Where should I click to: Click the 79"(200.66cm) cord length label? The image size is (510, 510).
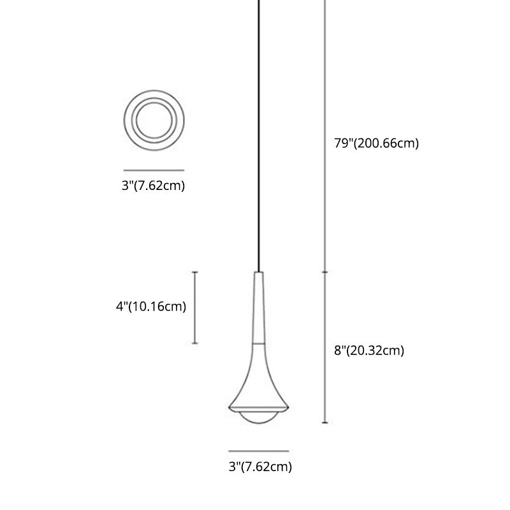tap(377, 143)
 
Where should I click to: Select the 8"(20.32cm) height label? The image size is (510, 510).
tap(369, 350)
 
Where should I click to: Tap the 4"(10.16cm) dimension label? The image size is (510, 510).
tap(151, 307)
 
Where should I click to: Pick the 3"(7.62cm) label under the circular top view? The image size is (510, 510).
tap(154, 186)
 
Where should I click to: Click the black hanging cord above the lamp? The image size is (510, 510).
tap(259, 127)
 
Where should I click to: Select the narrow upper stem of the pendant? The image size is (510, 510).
tap(259, 306)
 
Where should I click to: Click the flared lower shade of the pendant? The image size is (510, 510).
tap(259, 382)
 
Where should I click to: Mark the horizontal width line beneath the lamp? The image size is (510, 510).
tap(259, 451)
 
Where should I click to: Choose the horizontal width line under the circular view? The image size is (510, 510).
tap(154, 170)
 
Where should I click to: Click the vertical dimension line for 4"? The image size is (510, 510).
tap(195, 308)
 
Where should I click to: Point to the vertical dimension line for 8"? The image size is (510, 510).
tap(326, 347)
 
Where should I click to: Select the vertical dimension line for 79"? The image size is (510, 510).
tap(326, 134)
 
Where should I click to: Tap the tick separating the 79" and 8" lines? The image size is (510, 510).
tap(326, 272)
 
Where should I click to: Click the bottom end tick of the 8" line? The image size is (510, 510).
tap(326, 423)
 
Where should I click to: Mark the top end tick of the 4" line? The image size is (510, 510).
tap(195, 272)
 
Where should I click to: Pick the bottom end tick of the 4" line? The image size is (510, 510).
tap(195, 344)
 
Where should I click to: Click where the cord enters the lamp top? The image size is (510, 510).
tap(259, 272)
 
